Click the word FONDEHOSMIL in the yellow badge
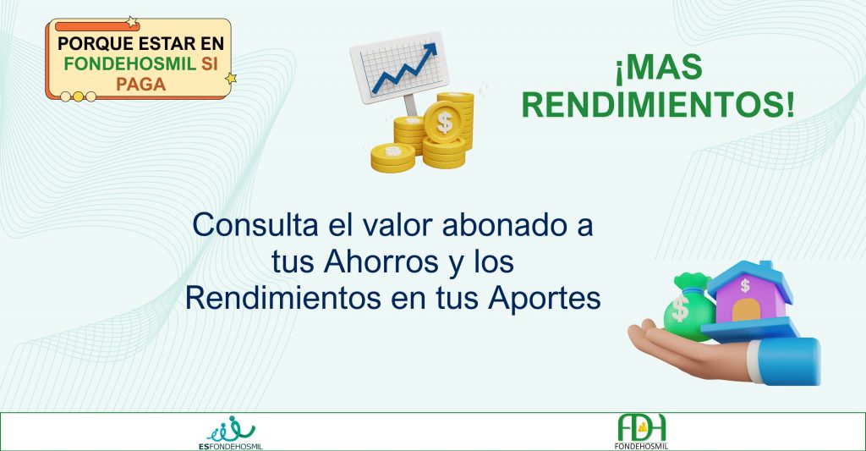(x=129, y=63)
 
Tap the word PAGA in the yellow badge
(x=141, y=84)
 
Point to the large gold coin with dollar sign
(x=443, y=122)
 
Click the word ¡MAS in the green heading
(x=659, y=68)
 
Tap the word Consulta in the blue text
(x=255, y=225)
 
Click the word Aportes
(x=545, y=299)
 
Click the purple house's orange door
(x=746, y=310)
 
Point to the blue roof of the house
(x=751, y=278)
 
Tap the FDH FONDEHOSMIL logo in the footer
(x=641, y=432)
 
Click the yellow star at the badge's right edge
(x=231, y=79)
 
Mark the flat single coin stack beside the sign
(x=392, y=157)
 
